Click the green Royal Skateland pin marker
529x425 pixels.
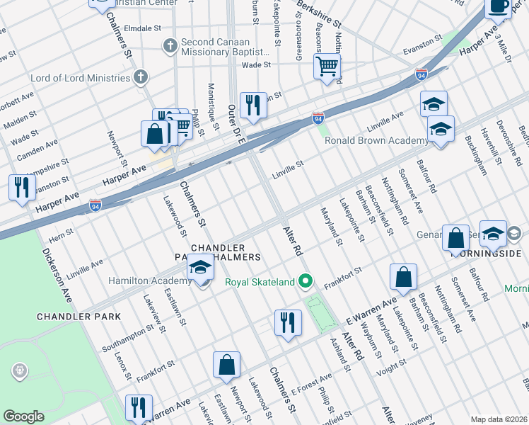tap(306, 282)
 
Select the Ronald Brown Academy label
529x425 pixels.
tap(376, 140)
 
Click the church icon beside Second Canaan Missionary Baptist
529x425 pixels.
tap(170, 47)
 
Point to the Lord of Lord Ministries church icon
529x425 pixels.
tap(141, 77)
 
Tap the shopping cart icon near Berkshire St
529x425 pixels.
tap(327, 67)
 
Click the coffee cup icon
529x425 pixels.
tap(499, 6)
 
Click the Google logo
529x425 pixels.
tap(23, 416)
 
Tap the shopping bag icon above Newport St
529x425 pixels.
tap(227, 365)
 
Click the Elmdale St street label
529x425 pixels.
tap(144, 28)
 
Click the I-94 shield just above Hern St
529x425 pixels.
tap(95, 205)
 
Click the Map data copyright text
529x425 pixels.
tap(498, 419)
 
